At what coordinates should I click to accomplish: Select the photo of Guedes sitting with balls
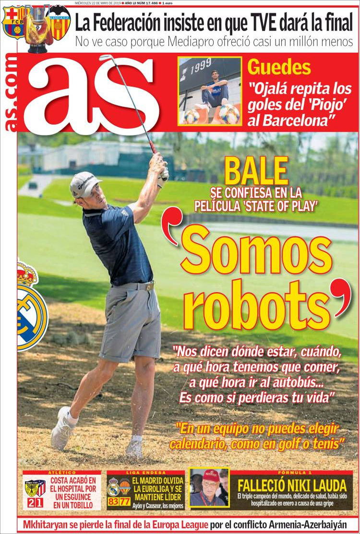point(210,91)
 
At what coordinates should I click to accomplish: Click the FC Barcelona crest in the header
point(13,23)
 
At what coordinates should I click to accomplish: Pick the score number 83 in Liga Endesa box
point(113,502)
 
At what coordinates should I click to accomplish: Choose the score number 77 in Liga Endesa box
point(125,502)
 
